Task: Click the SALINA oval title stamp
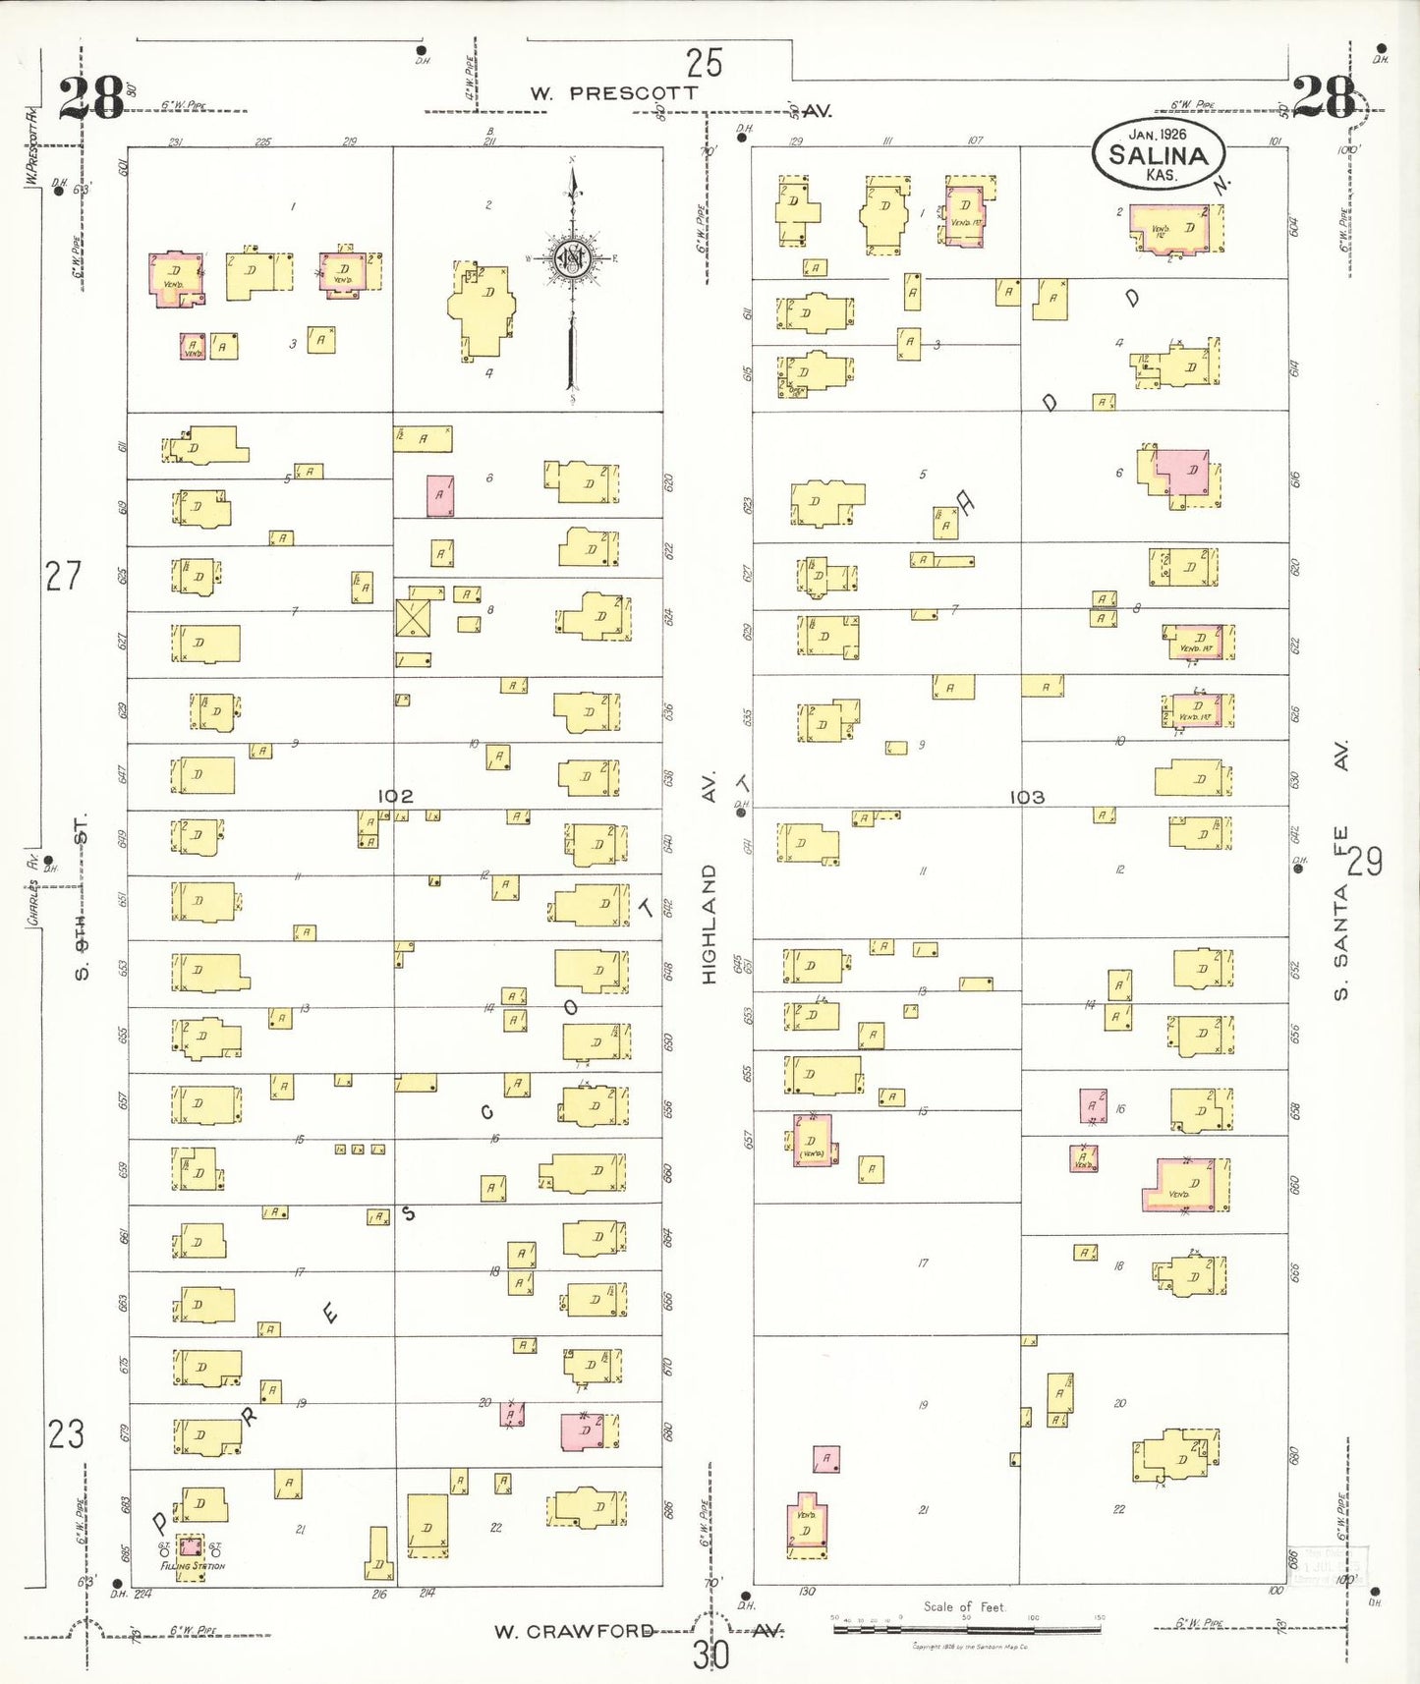[x=1159, y=153]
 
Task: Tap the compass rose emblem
[x=571, y=259]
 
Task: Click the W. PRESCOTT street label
[x=613, y=93]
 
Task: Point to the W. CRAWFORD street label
[x=574, y=1632]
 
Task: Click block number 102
[x=395, y=796]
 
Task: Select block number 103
[x=1026, y=797]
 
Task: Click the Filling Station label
[x=194, y=1566]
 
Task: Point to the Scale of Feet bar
[x=967, y=1629]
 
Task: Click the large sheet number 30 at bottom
[x=710, y=1655]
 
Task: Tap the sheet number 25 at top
[x=704, y=63]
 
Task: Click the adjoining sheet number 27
[x=64, y=576]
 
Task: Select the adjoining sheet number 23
[x=66, y=1434]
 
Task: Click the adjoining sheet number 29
[x=1364, y=862]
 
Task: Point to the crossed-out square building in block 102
[x=413, y=618]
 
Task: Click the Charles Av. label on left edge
[x=32, y=889]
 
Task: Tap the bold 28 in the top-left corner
[x=90, y=98]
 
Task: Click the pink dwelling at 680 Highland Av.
[x=583, y=1431]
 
